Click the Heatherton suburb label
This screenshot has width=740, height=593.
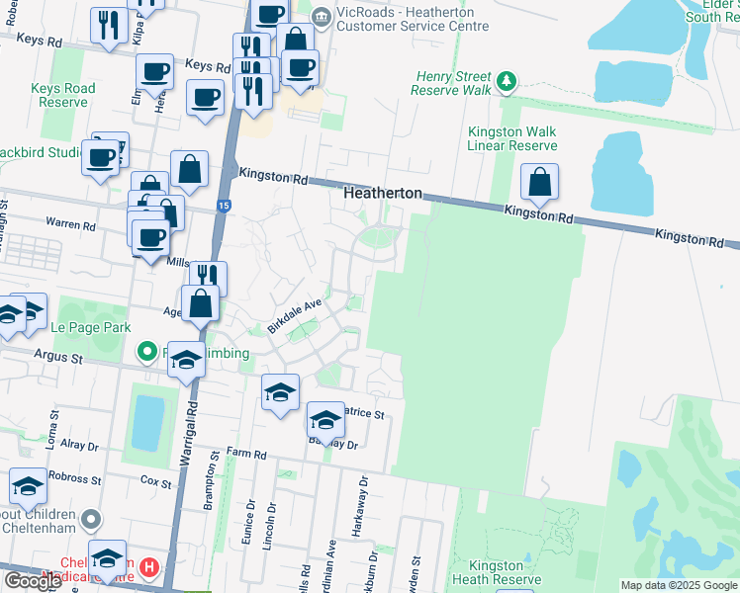pos(383,194)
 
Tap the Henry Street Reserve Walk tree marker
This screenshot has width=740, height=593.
pos(508,79)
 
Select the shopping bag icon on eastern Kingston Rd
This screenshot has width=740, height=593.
pos(540,182)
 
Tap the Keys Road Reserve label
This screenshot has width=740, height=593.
pos(63,95)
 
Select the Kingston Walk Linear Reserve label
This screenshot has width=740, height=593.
pos(512,138)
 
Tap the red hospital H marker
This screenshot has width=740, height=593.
pos(148,567)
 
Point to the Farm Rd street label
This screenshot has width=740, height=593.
pos(245,455)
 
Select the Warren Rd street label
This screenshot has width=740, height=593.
pos(74,224)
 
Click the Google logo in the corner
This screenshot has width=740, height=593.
pos(33,581)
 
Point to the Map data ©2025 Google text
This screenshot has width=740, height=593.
pos(679,585)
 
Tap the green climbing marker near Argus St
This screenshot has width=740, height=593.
pos(147,351)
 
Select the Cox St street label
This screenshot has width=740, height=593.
pos(155,483)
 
